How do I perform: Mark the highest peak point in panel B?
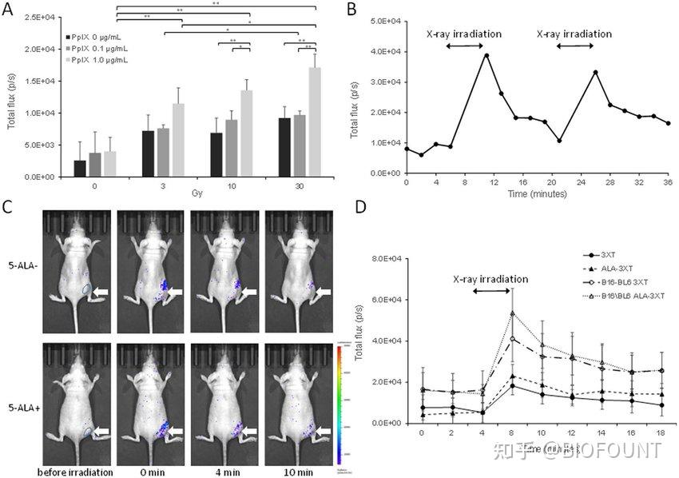click(486, 55)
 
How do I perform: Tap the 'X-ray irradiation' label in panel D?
click(490, 279)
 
